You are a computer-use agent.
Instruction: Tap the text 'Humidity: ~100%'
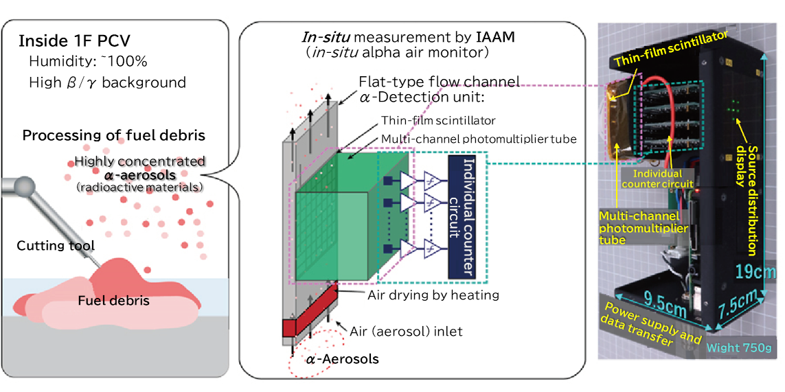(x=88, y=62)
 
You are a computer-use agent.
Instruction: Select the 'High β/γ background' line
(x=107, y=83)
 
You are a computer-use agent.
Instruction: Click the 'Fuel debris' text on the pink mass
(x=113, y=301)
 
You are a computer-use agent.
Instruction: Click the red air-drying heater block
(x=313, y=310)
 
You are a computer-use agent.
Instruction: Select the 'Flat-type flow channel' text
(x=439, y=81)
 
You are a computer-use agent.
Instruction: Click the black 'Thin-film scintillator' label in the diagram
(x=437, y=121)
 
